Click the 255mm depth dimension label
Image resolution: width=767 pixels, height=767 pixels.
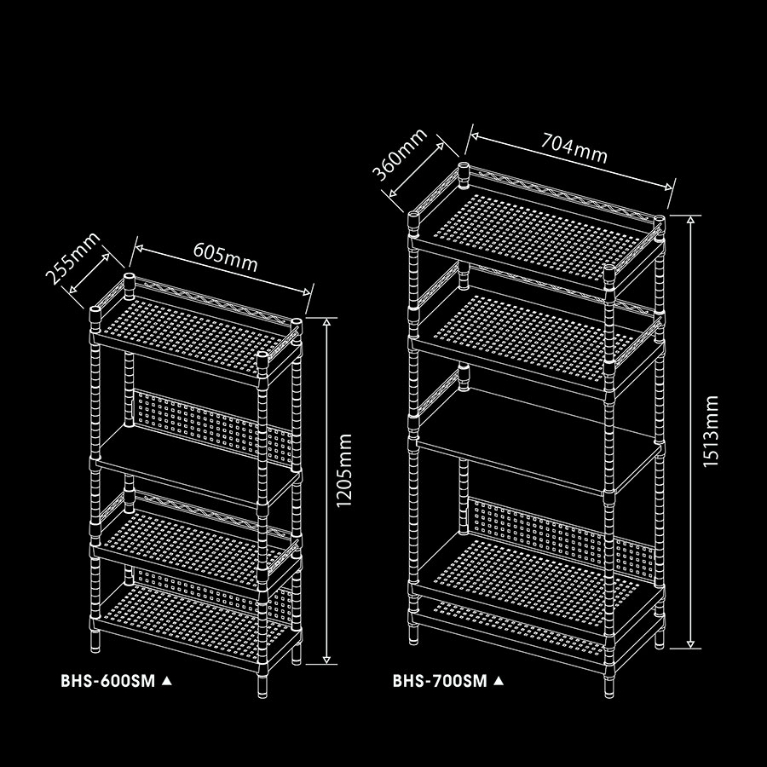[73, 258]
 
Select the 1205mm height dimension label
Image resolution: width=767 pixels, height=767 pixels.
[344, 470]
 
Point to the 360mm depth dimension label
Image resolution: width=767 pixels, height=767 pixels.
[400, 154]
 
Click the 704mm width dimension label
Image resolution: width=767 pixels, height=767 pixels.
[574, 148]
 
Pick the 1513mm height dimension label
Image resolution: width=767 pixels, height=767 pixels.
[710, 431]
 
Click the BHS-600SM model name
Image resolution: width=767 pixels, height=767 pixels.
[107, 681]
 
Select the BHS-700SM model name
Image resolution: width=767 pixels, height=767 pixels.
[440, 681]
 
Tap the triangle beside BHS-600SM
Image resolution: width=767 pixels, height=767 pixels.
[167, 680]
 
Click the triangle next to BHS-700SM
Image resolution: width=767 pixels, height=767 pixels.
[499, 680]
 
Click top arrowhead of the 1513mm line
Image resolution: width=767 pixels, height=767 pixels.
[690, 219]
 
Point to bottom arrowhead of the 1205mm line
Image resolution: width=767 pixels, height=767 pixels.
[326, 660]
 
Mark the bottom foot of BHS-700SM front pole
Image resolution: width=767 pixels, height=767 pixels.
[608, 687]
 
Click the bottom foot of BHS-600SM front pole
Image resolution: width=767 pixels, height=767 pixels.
[262, 686]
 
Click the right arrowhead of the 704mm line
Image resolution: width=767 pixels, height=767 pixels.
[669, 186]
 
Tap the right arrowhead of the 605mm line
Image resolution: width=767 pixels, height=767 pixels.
[307, 292]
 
